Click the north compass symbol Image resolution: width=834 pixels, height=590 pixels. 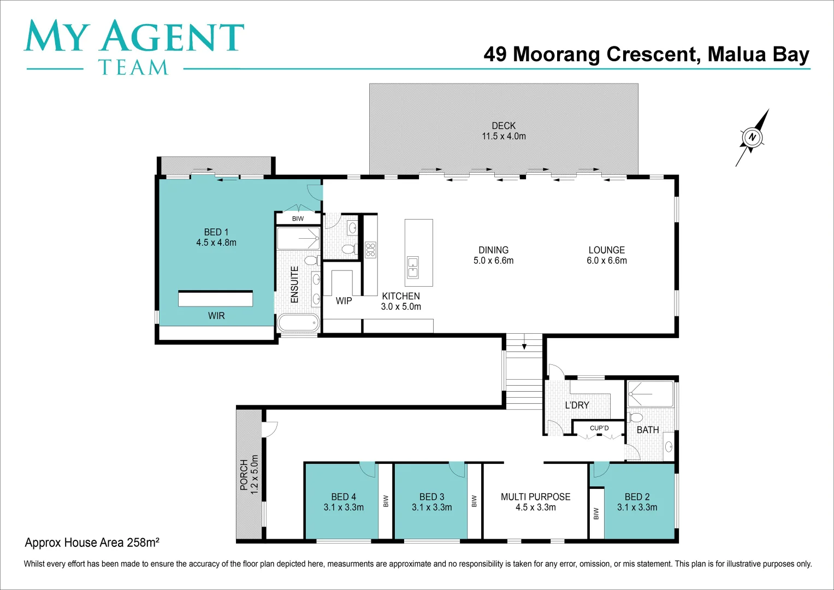[752, 137]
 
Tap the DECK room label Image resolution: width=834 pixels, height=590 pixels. [504, 126]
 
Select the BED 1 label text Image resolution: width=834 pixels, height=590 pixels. [216, 232]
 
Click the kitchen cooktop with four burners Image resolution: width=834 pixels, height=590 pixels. [371, 250]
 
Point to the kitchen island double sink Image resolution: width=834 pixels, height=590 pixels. [413, 267]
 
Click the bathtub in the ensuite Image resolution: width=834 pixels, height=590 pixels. [298, 322]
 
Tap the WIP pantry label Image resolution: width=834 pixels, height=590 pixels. [344, 301]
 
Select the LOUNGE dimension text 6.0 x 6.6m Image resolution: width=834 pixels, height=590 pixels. [607, 261]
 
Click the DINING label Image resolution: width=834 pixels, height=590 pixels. [493, 250]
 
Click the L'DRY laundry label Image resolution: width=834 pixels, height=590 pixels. [577, 405]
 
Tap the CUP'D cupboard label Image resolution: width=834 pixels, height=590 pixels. [599, 428]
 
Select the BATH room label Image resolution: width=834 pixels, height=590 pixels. [648, 430]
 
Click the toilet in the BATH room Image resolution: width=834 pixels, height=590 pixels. [636, 418]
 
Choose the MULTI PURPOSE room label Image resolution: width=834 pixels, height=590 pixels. [535, 497]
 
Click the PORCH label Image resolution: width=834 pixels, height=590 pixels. [244, 474]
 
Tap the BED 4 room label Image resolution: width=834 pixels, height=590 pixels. [344, 497]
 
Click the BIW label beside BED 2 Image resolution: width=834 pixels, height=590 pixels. [596, 514]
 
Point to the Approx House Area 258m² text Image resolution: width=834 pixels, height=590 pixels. [92, 542]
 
